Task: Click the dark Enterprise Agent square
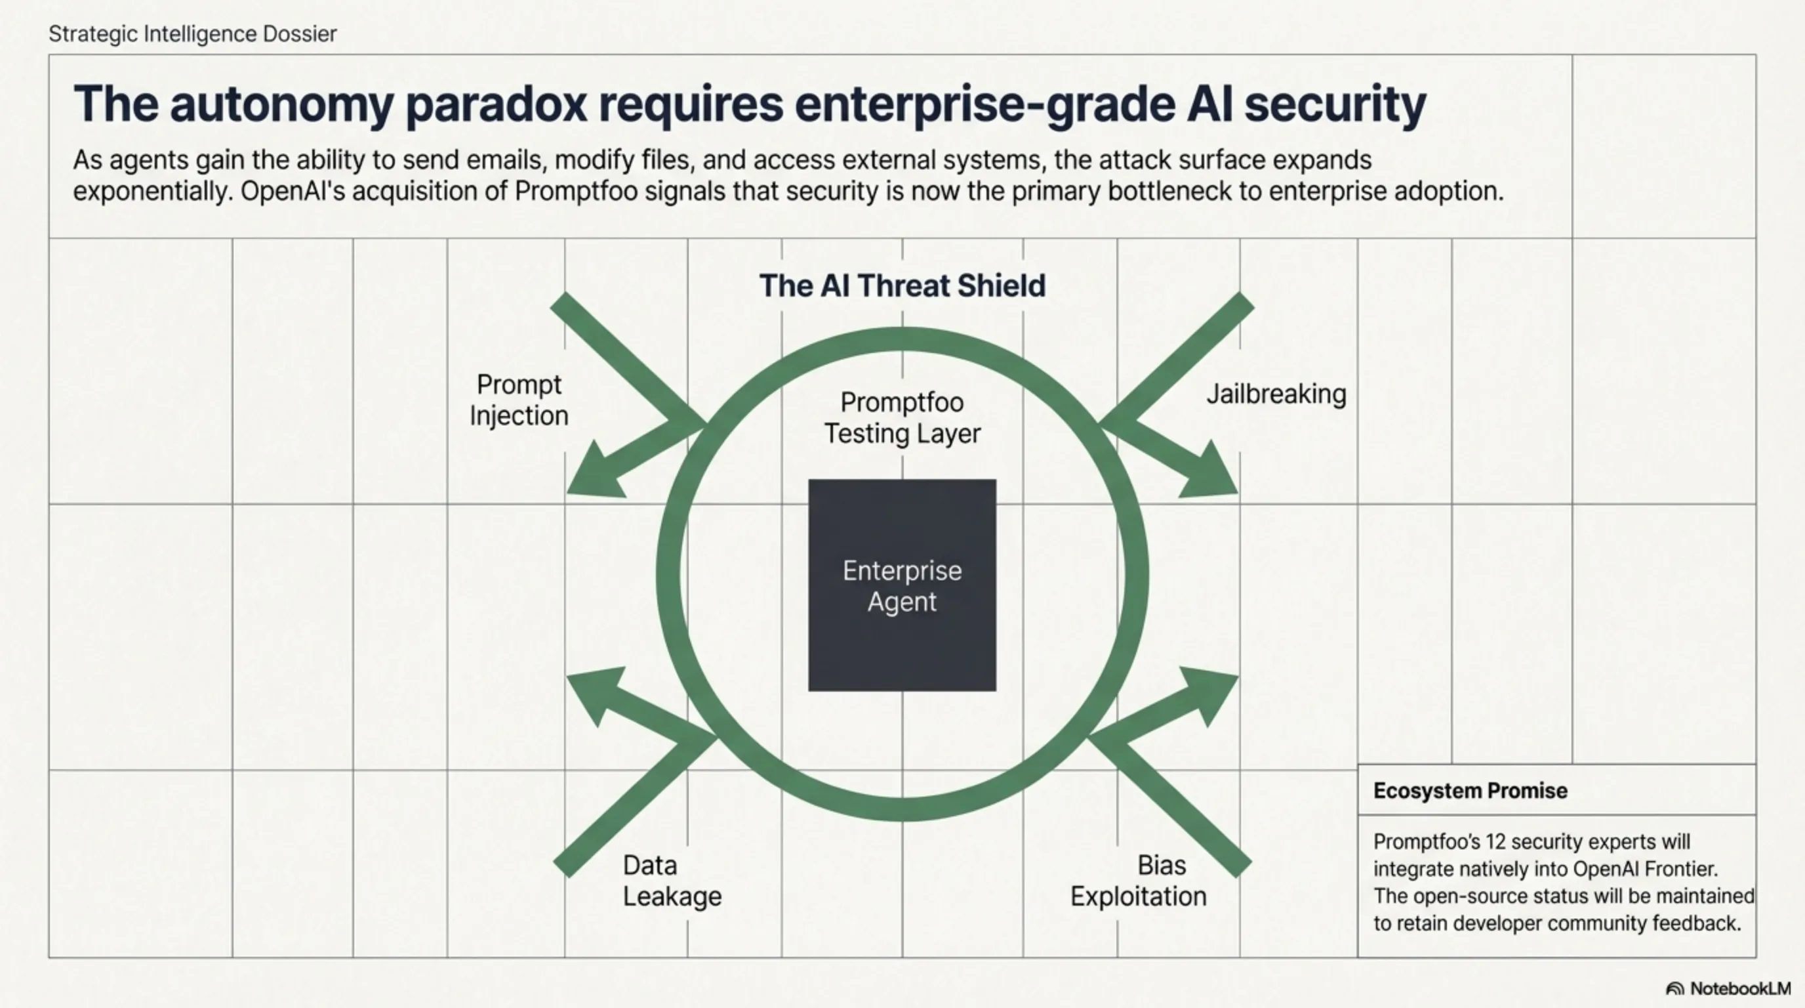tap(902, 585)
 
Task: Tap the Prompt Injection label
tap(519, 400)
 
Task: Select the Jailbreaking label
tap(1276, 394)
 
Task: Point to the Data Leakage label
tap(671, 881)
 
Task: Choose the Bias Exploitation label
tap(1139, 881)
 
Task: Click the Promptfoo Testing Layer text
tap(902, 418)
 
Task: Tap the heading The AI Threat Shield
tap(902, 286)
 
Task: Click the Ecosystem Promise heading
tap(1470, 791)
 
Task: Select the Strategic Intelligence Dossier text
tap(193, 33)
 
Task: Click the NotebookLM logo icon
tap(1674, 989)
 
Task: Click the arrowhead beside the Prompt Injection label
tap(596, 473)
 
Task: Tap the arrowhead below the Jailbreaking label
tap(1209, 473)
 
